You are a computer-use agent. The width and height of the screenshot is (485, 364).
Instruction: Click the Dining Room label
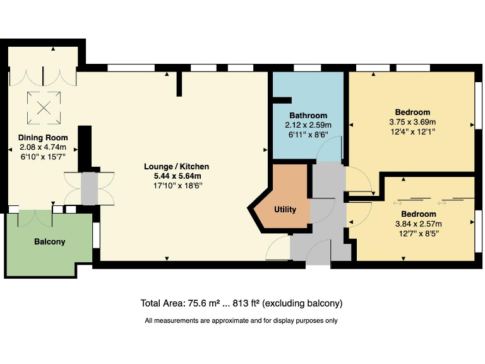tap(42, 138)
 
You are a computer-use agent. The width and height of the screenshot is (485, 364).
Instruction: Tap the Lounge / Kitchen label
tap(176, 167)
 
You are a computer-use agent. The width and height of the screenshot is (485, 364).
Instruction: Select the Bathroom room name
tap(308, 116)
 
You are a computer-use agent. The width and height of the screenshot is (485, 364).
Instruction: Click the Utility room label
tap(285, 210)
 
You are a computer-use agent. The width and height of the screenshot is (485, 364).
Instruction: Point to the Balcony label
tap(49, 242)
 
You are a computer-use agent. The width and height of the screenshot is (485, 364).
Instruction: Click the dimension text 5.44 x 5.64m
tap(176, 176)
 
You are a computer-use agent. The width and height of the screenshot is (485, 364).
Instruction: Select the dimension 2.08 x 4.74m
tap(42, 147)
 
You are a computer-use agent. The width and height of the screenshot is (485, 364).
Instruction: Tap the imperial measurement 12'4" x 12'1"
tap(412, 131)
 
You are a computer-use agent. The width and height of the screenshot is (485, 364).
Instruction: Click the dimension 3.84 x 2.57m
tap(418, 224)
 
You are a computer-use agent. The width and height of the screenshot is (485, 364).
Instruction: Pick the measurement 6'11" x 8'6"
tap(308, 134)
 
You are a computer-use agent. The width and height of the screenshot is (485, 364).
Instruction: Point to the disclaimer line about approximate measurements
tap(241, 320)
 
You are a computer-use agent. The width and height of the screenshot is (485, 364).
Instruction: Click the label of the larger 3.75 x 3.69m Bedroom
tap(412, 112)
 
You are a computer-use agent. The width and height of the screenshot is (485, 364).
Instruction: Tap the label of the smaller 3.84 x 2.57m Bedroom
tap(418, 214)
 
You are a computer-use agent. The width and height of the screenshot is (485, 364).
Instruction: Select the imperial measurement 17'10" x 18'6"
tap(176, 185)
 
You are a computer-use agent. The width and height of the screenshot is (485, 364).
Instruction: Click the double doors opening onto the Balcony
tap(36, 217)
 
